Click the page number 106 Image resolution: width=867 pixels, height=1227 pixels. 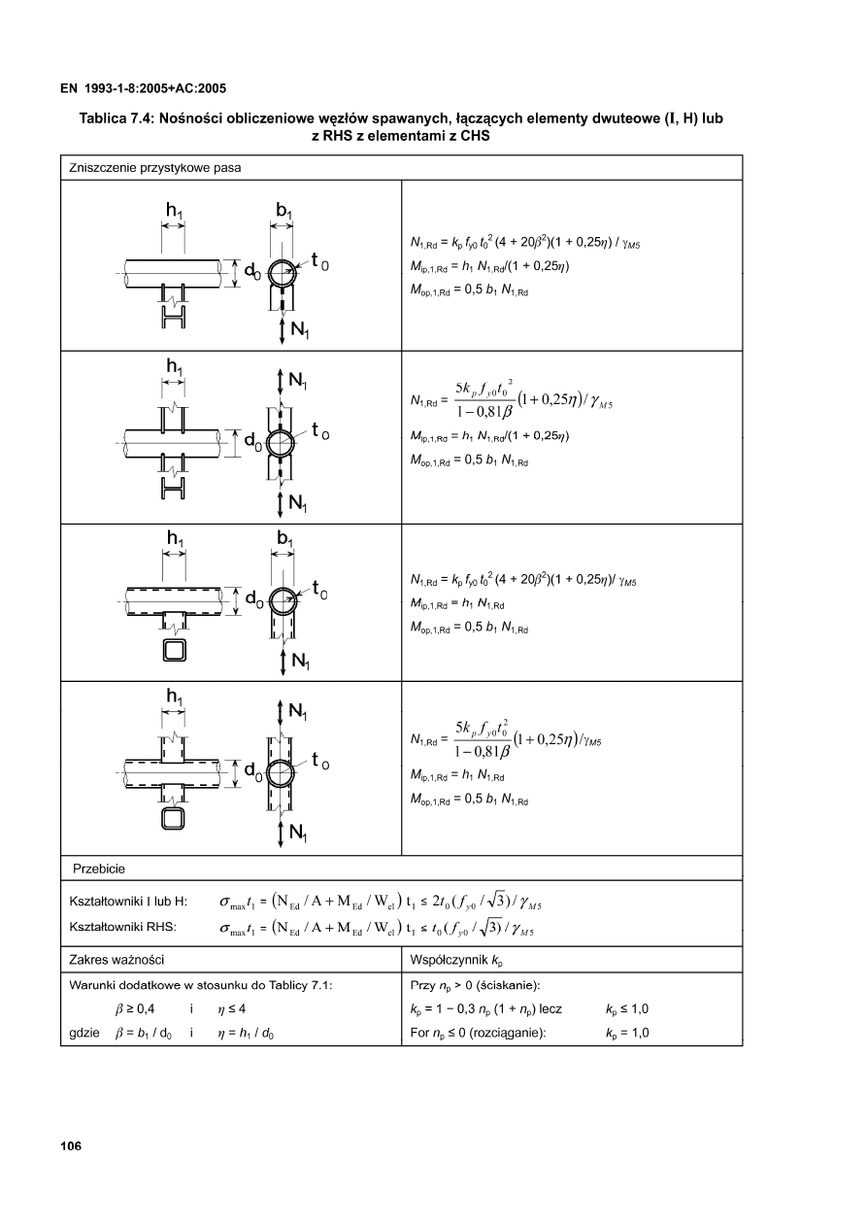point(69,1146)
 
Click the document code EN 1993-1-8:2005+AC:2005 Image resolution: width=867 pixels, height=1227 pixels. point(143,88)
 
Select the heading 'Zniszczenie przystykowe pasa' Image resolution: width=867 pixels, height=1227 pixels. point(154,167)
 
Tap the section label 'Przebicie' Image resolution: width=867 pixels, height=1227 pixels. point(100,868)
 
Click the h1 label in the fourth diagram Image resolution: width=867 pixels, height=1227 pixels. point(175,697)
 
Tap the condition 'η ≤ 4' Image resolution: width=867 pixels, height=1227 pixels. point(234,1008)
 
